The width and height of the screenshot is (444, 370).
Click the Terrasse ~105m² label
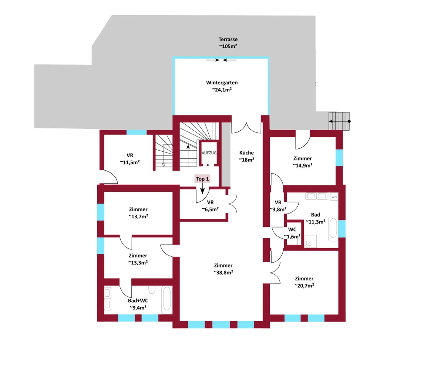pyautogui.click(x=228, y=43)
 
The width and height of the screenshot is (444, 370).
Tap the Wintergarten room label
pyautogui.click(x=222, y=86)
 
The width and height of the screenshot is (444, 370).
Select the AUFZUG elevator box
pyautogui.click(x=209, y=153)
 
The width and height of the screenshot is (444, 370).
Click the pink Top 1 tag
pyautogui.click(x=202, y=179)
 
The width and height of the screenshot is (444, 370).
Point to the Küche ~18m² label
pyautogui.click(x=246, y=156)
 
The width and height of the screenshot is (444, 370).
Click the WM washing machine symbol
pyautogui.click(x=334, y=197)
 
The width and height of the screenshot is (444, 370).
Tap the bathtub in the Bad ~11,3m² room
pyautogui.click(x=333, y=229)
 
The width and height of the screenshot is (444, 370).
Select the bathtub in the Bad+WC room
pyautogui.click(x=167, y=300)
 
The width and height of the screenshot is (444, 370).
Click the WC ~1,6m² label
pyautogui.click(x=292, y=233)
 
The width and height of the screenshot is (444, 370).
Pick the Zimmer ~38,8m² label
pyautogui.click(x=223, y=269)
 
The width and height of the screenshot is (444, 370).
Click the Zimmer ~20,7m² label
pyautogui.click(x=304, y=282)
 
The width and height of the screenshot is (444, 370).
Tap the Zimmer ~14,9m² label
pyautogui.click(x=302, y=162)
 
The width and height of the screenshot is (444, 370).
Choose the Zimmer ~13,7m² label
pyautogui.click(x=138, y=213)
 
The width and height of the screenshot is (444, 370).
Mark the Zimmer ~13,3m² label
pyautogui.click(x=138, y=259)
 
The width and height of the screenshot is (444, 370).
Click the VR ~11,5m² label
pyautogui.click(x=130, y=159)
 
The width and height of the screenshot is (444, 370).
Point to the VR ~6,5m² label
pyautogui.click(x=210, y=206)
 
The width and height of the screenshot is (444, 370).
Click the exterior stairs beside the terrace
pyautogui.click(x=339, y=121)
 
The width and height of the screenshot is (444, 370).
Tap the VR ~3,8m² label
pyautogui.click(x=278, y=206)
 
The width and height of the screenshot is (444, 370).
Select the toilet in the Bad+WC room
pyautogui.click(x=152, y=289)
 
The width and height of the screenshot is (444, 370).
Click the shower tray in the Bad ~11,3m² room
pyautogui.click(x=310, y=241)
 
